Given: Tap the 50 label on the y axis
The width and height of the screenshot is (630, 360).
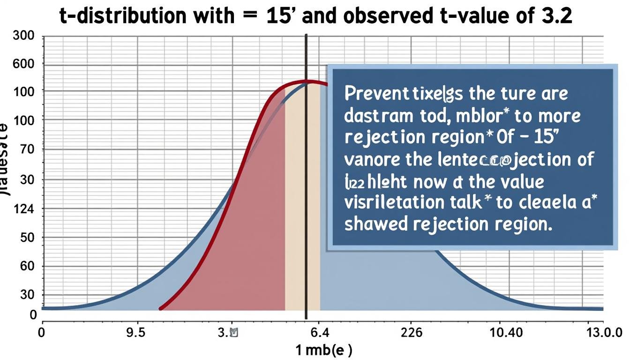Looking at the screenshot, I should (28, 237).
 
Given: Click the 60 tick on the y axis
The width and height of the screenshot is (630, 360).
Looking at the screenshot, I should (28, 266).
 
